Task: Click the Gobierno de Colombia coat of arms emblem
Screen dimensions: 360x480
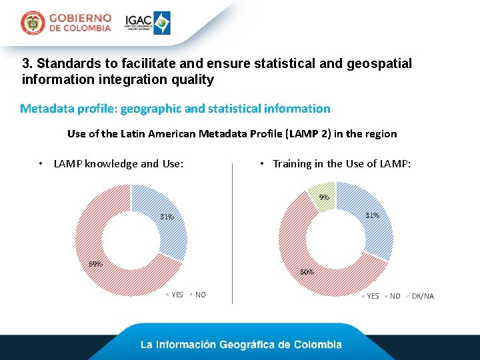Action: (x=32, y=23)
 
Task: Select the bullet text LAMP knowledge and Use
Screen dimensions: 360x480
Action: (x=118, y=163)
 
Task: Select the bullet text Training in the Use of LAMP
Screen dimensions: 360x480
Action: (x=341, y=163)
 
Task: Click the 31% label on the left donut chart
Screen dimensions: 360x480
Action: (x=167, y=217)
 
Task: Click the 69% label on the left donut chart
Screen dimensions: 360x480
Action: (x=96, y=263)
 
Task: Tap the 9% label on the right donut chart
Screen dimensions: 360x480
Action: (x=324, y=197)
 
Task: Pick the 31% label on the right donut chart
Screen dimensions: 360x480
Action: (x=372, y=215)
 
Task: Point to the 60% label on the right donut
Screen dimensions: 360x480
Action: (x=307, y=272)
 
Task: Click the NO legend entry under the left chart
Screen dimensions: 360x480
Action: (x=200, y=295)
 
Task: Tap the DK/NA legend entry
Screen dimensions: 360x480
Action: (x=423, y=296)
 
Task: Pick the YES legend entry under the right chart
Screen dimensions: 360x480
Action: (x=373, y=296)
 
